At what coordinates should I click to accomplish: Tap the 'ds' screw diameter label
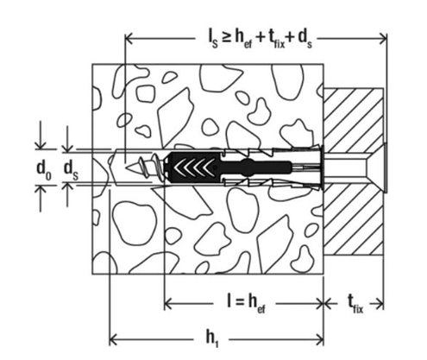tap(74, 167)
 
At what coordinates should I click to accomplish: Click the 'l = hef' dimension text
tap(242, 302)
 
